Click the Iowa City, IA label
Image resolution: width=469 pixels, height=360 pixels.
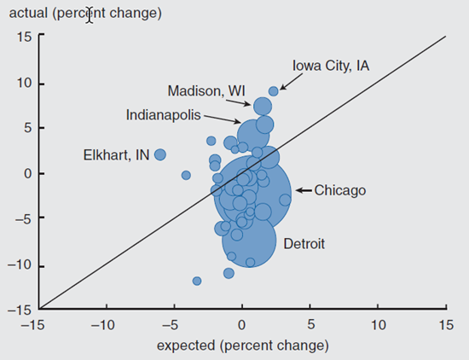click(330, 65)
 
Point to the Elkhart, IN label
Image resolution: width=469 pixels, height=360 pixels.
click(115, 155)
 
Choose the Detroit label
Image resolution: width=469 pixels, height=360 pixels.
click(304, 244)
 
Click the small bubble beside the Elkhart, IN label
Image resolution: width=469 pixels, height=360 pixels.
click(160, 154)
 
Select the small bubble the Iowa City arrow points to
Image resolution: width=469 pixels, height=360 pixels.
click(274, 91)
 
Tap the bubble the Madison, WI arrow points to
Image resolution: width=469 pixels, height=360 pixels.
click(263, 106)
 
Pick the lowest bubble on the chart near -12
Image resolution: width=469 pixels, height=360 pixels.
click(197, 281)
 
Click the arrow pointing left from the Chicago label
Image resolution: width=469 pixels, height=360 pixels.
click(304, 190)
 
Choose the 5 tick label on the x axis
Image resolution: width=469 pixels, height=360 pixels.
click(310, 325)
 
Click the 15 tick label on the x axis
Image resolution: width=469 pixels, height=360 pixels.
click(445, 325)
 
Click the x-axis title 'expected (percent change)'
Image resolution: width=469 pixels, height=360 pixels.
click(242, 345)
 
